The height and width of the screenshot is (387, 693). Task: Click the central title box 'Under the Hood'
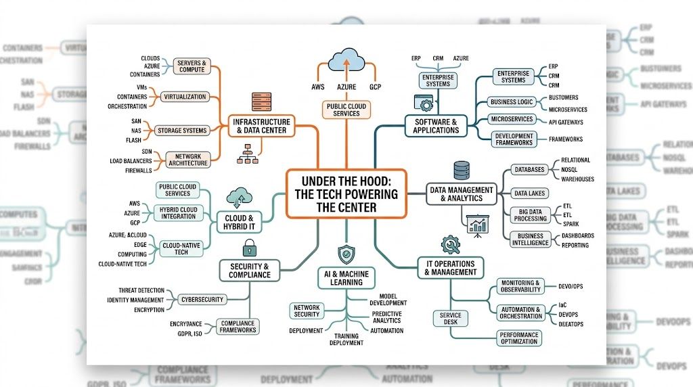click(x=346, y=193)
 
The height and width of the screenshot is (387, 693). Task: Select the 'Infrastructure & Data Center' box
click(x=261, y=125)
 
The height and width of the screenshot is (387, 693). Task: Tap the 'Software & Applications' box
click(x=436, y=126)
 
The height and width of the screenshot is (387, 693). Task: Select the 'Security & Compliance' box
click(x=250, y=271)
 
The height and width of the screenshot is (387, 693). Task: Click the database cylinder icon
click(x=462, y=169)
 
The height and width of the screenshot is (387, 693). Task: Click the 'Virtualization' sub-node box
click(x=185, y=97)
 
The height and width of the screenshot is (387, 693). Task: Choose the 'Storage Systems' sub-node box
click(x=181, y=130)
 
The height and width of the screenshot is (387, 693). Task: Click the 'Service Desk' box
click(x=450, y=318)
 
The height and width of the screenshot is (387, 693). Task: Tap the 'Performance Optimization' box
click(x=520, y=338)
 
